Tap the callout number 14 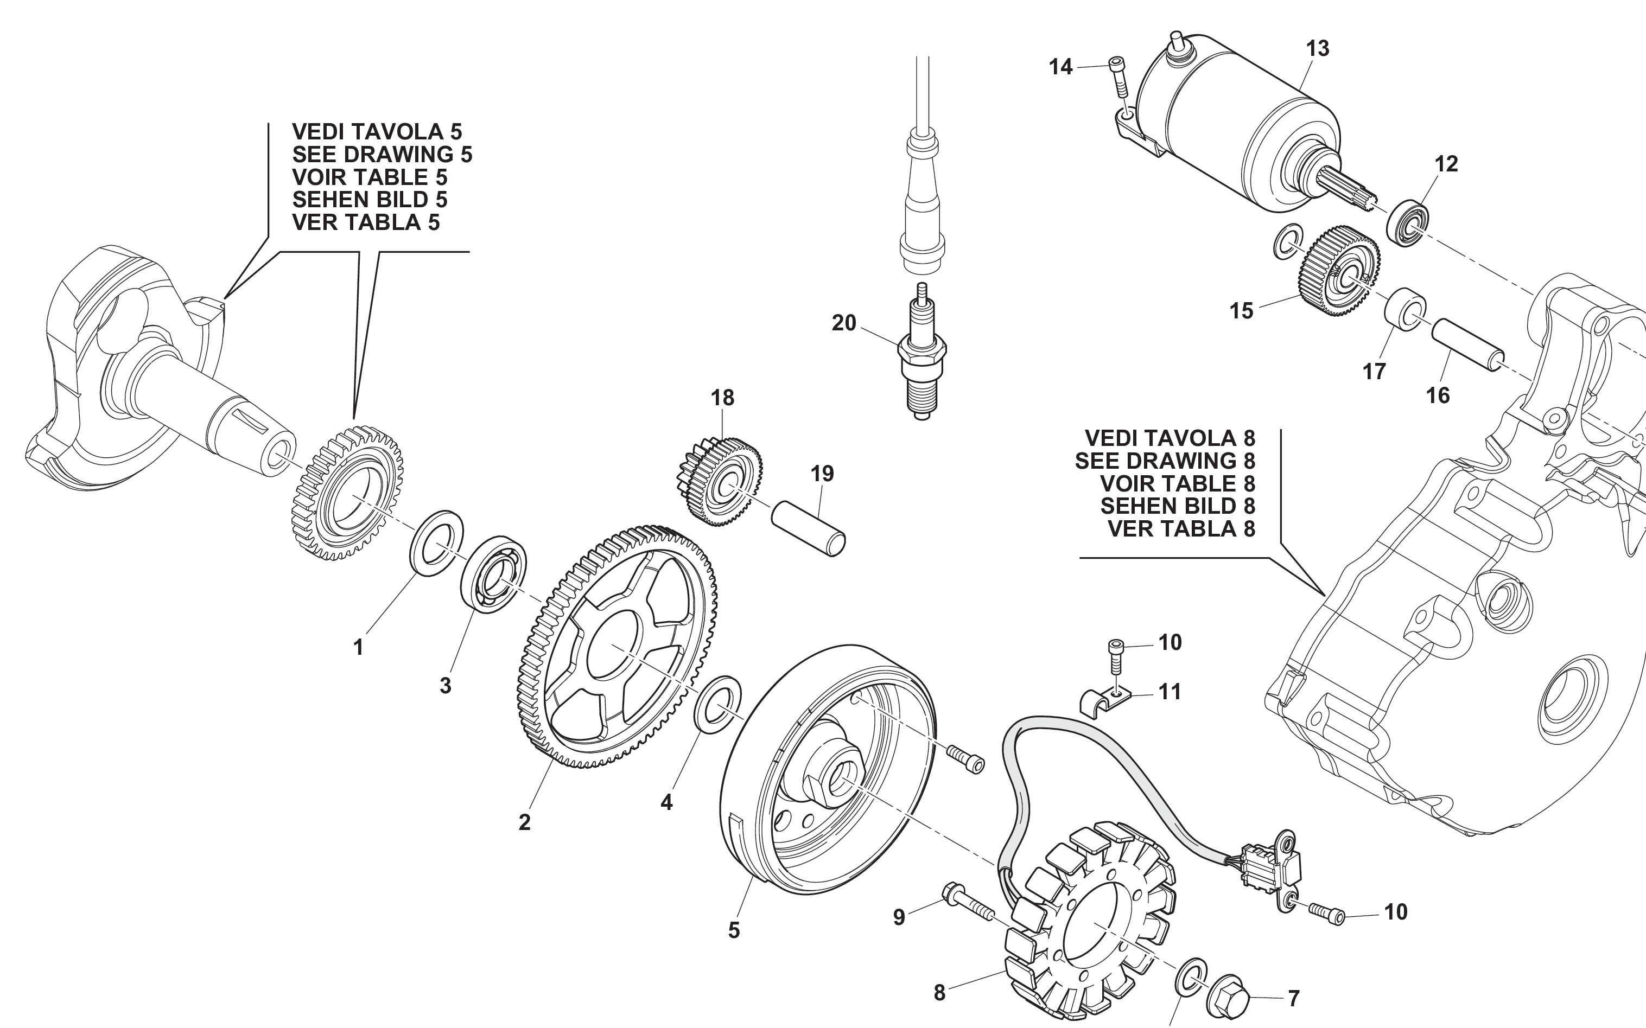coord(1060,67)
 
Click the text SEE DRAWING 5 coord(382,155)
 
